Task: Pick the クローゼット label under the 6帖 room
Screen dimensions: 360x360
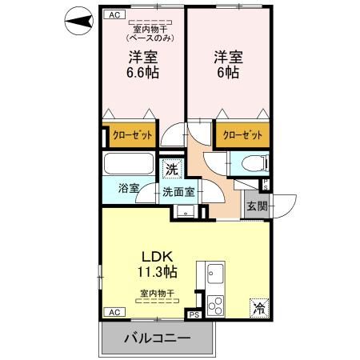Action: [x=242, y=135]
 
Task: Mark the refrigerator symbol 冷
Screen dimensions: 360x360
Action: [x=260, y=306]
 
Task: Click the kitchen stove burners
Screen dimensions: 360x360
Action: [x=215, y=305]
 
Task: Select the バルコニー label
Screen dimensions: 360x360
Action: [x=157, y=338]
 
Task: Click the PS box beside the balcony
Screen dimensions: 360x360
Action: [x=193, y=315]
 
